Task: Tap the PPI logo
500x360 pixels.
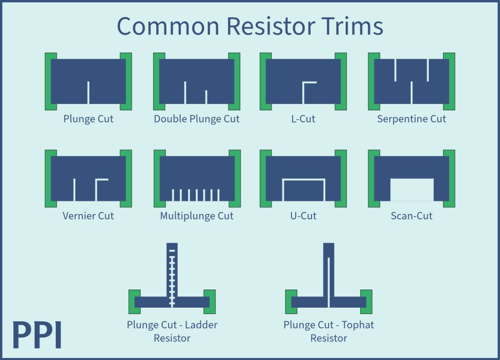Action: point(37,335)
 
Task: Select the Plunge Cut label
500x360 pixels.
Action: point(88,119)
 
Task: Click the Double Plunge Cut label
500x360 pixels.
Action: point(197,119)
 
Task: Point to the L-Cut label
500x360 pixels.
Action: point(303,119)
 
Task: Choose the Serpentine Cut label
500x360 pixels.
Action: point(412,119)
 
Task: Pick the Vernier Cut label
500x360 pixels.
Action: point(88,215)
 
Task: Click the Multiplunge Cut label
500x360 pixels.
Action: point(197,215)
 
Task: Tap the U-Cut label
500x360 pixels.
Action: point(303,215)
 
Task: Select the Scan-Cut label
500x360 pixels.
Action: point(412,215)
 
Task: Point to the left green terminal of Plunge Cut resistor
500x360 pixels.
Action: point(48,81)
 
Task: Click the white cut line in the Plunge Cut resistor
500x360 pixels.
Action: point(88,93)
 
